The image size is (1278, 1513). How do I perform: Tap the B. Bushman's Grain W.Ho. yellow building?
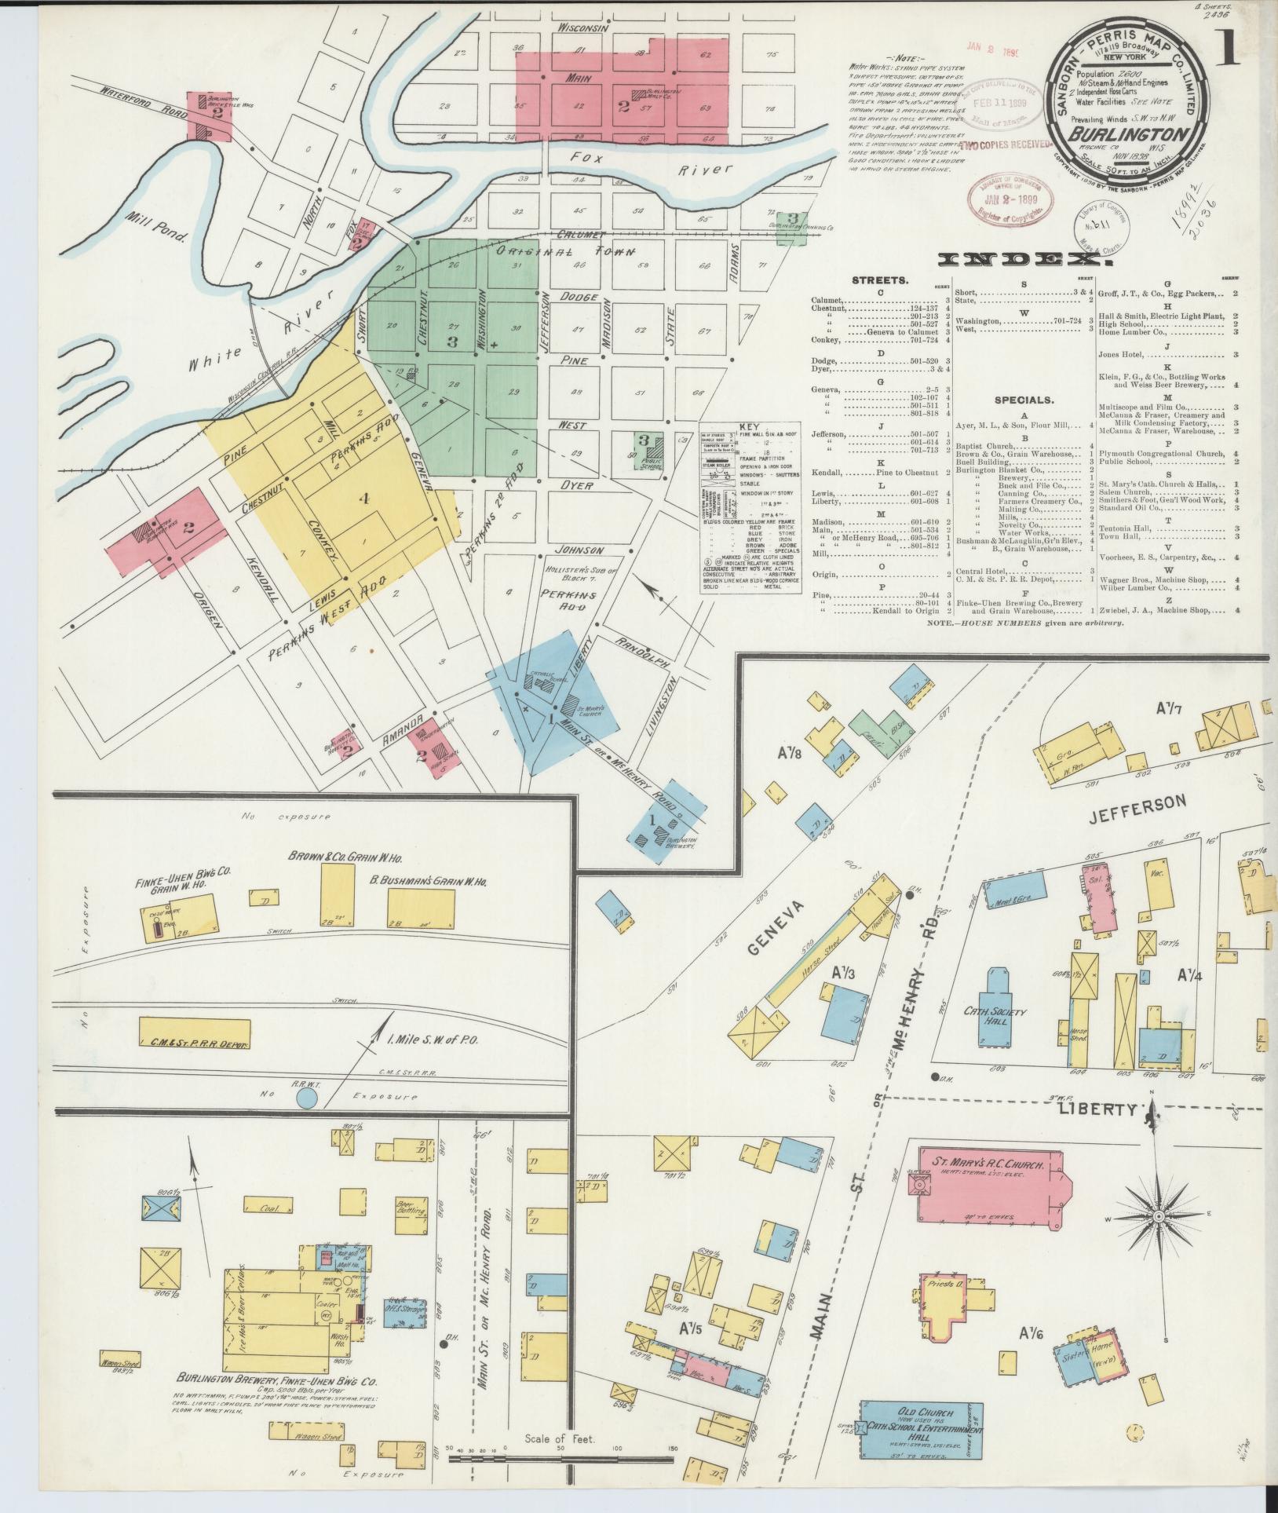(x=420, y=908)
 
